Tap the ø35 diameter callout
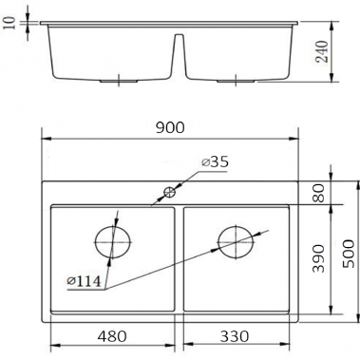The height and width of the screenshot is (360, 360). click(216, 162)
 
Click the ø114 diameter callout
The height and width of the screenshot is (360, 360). click(85, 282)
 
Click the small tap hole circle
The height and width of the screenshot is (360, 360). click(170, 192)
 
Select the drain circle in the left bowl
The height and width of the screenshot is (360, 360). click(111, 240)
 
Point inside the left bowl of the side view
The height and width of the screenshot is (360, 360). click(109, 52)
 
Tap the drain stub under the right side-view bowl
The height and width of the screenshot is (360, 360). click(239, 83)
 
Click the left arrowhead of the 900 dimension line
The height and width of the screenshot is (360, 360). click(47, 139)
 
